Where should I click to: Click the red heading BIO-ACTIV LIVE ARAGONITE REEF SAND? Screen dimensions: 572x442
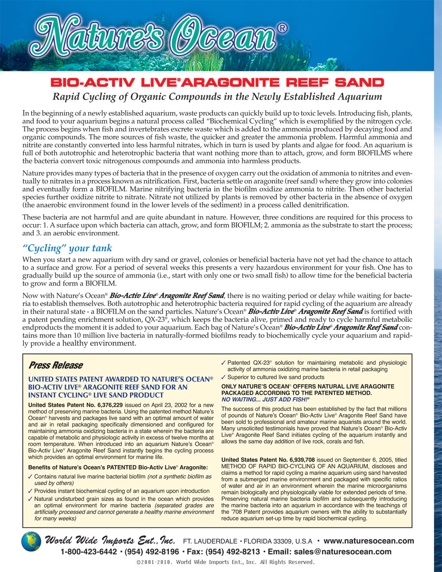(217, 83)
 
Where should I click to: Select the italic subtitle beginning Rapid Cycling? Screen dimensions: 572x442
(217, 97)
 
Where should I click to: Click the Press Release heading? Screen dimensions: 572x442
(55, 365)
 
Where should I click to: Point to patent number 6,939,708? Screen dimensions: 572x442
(297, 460)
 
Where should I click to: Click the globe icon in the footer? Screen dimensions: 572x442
(31, 542)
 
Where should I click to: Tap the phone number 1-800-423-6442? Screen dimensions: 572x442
(89, 552)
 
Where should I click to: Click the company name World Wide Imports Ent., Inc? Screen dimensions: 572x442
(110, 540)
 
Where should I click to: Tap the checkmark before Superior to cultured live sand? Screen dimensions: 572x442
(224, 377)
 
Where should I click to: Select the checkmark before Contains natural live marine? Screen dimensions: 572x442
(30, 477)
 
